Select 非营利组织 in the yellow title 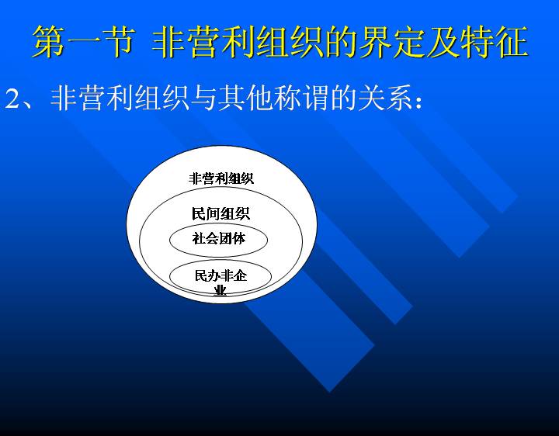click(x=238, y=42)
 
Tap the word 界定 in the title click(x=392, y=42)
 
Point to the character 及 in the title click(x=443, y=42)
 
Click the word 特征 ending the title click(x=494, y=42)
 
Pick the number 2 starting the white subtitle click(x=13, y=99)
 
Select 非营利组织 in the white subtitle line click(x=120, y=98)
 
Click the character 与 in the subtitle click(x=203, y=98)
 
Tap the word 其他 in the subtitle click(x=245, y=98)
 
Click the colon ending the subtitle click(x=418, y=102)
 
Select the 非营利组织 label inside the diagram click(x=221, y=178)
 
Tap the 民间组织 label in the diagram click(x=221, y=213)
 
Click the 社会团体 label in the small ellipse click(x=218, y=238)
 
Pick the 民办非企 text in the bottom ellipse click(x=220, y=275)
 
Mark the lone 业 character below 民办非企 click(x=220, y=290)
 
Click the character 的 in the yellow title click(x=341, y=42)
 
